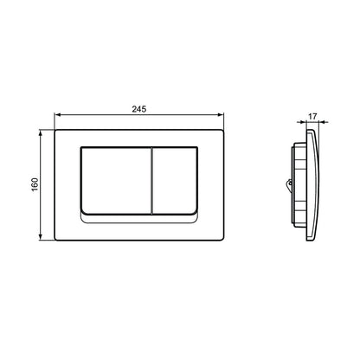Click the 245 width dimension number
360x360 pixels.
(139, 109)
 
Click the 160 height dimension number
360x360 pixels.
(35, 184)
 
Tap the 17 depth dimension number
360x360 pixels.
(312, 117)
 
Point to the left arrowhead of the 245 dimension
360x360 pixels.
(57, 115)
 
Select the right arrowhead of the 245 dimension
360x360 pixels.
(221, 115)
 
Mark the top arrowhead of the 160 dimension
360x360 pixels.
(41, 133)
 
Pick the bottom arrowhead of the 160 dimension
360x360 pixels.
(41, 237)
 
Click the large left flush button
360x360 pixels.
(116, 181)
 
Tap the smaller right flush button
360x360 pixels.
(175, 181)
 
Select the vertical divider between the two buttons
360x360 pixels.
(151, 181)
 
